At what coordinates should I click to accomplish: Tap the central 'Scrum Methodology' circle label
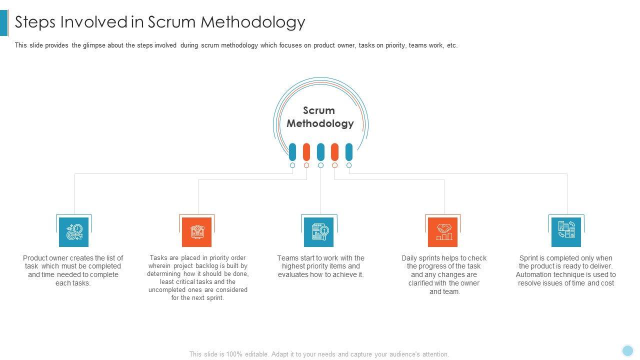point(320,117)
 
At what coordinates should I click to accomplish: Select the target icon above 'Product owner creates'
point(74,232)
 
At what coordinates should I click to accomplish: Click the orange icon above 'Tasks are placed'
point(197,232)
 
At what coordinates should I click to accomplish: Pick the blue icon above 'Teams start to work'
point(319,232)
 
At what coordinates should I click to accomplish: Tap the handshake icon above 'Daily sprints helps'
point(443,232)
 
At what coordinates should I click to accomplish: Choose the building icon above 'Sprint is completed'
point(566,232)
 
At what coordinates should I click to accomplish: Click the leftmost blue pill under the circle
point(292,152)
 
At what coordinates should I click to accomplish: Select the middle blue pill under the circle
point(320,152)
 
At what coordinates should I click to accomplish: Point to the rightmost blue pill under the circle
point(349,152)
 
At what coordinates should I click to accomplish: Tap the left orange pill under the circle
point(306,152)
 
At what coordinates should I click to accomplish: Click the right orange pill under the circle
point(335,152)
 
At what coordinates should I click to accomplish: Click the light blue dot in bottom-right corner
point(627,350)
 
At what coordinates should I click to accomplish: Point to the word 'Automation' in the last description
point(534,274)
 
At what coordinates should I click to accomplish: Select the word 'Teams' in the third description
point(288,258)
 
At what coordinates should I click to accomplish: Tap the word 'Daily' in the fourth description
point(410,258)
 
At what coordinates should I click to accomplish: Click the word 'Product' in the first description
point(35,258)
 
